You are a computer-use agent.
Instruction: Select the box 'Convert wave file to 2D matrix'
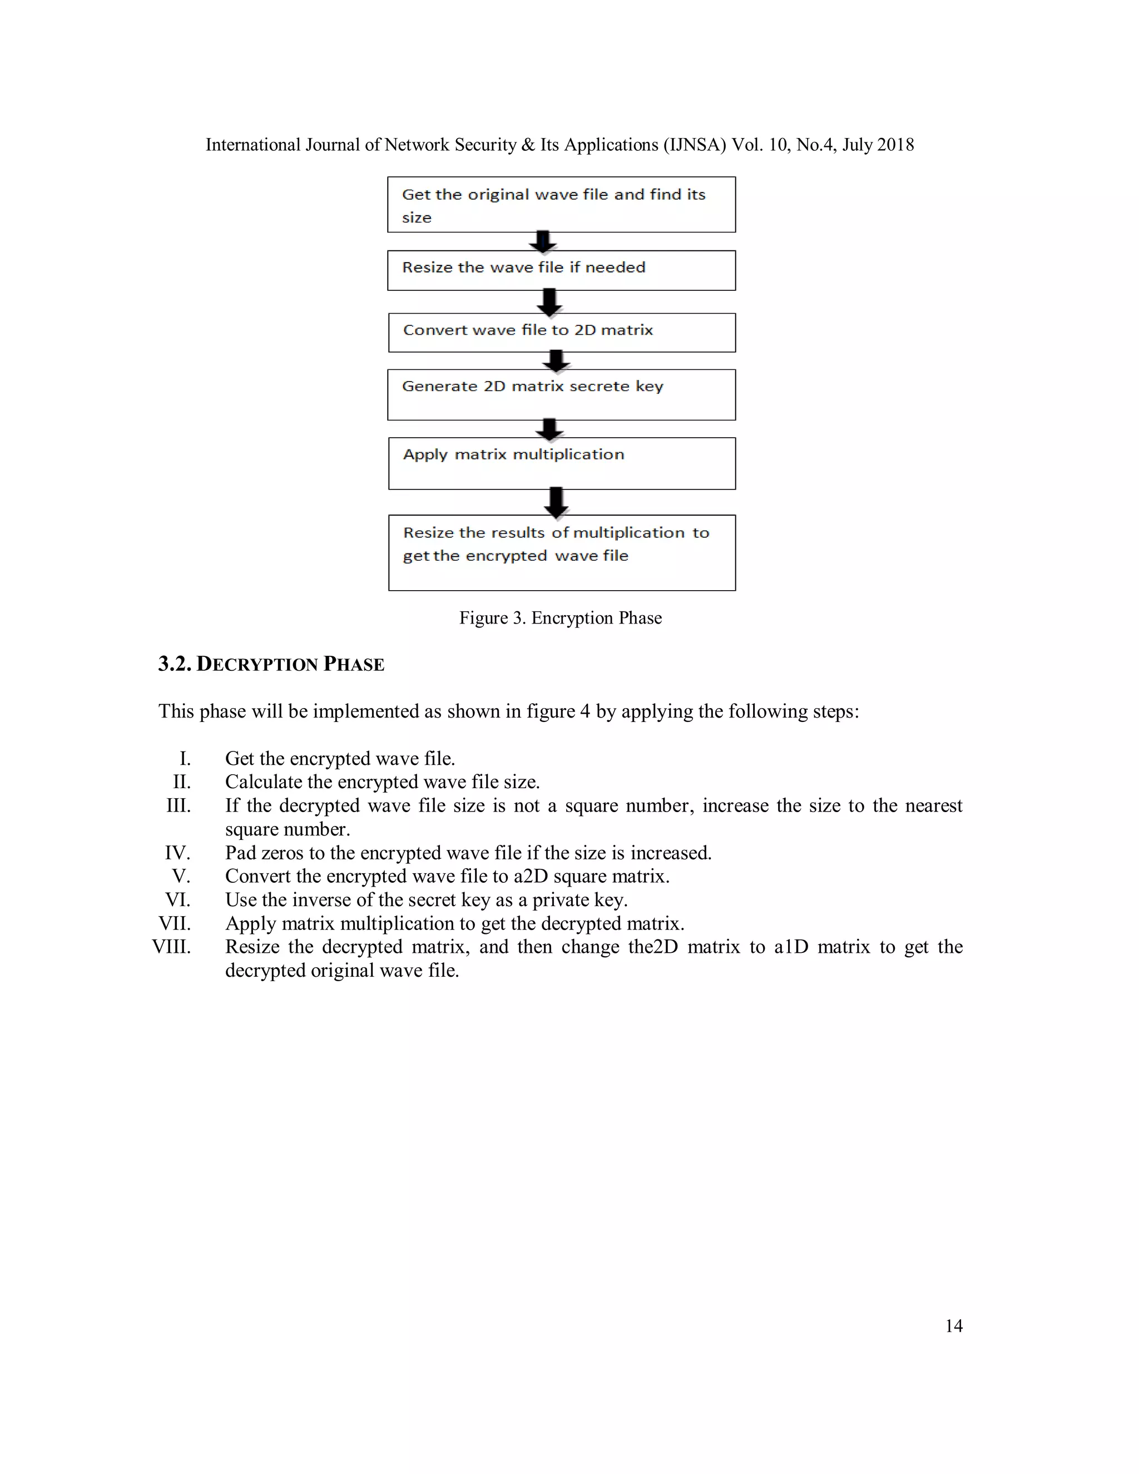[x=561, y=332]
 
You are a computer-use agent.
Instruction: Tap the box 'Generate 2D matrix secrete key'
[x=561, y=395]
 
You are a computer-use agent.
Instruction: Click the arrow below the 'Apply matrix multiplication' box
[x=556, y=502]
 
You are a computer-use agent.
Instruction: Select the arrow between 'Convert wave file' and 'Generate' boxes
[x=556, y=360]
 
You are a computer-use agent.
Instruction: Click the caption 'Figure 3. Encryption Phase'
[x=560, y=618]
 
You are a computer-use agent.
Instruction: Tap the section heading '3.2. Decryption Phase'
[x=271, y=664]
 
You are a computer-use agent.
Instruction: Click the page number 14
[x=953, y=1326]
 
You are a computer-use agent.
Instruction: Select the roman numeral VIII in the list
[x=172, y=947]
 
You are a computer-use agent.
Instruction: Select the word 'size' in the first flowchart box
[x=417, y=218]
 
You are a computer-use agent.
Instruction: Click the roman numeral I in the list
[x=185, y=759]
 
